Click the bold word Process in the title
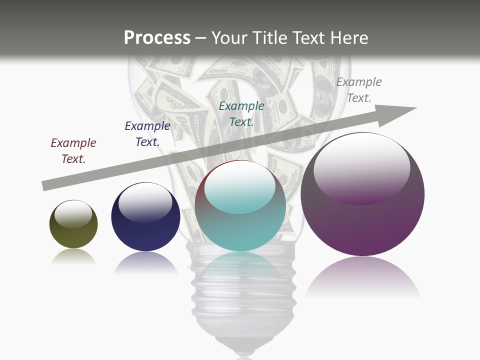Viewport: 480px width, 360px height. pyautogui.click(x=157, y=37)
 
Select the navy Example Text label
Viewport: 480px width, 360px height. pyautogui.click(x=147, y=134)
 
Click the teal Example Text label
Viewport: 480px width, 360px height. pyautogui.click(x=241, y=114)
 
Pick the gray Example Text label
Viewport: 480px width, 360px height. pyautogui.click(x=359, y=90)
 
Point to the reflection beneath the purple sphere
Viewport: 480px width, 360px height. pyautogui.click(x=362, y=277)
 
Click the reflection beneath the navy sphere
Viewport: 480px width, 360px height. pyautogui.click(x=145, y=263)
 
